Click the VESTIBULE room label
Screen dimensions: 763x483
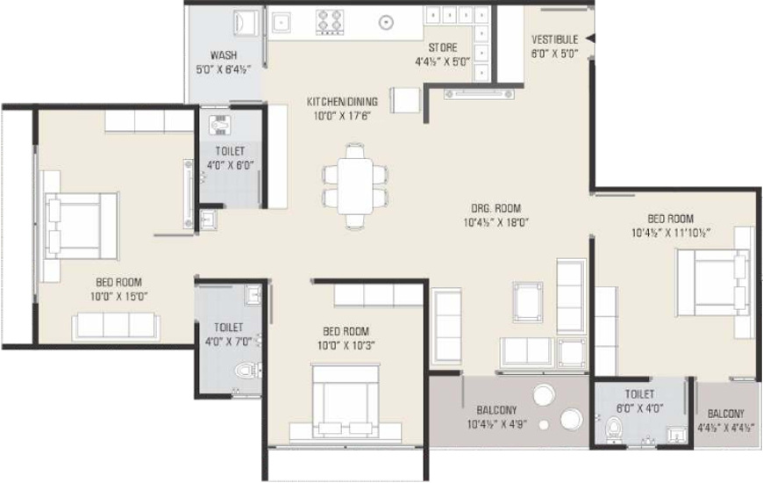555,40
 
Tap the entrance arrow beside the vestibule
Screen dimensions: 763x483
589,39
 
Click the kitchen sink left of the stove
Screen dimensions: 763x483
282,23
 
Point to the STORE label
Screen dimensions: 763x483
443,47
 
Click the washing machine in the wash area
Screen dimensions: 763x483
246,23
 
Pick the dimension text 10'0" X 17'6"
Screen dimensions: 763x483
342,116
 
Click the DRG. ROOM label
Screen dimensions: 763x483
496,209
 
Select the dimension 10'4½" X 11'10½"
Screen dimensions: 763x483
671,233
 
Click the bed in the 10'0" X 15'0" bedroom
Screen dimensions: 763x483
81,226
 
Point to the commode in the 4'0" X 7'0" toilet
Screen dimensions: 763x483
248,371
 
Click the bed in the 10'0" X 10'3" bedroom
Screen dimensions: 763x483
346,398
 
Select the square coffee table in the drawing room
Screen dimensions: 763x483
527,302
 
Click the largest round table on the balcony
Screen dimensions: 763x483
544,395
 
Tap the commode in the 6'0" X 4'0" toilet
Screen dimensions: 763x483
614,429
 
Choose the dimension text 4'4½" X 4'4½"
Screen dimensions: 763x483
726,429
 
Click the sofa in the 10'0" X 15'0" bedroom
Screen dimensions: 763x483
116,326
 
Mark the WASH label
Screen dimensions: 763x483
224,55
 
